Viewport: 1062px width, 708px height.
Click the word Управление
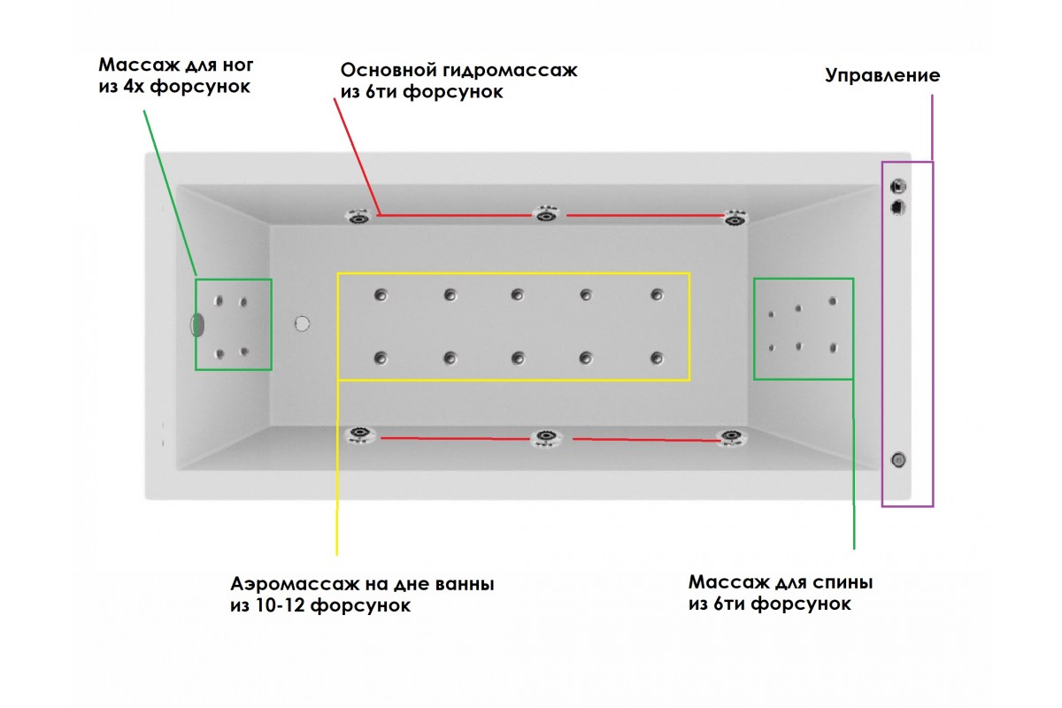[882, 75]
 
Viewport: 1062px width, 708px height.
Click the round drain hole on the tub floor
[303, 324]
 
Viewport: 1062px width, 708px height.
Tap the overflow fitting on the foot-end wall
[197, 325]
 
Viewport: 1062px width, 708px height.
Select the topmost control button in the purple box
[898, 187]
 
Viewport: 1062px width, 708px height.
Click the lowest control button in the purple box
[898, 458]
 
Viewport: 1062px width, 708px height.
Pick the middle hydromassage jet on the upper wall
[544, 214]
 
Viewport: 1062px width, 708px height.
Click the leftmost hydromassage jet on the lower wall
[358, 434]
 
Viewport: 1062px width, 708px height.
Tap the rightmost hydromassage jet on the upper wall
[735, 217]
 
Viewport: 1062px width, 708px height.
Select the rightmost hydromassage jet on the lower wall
[729, 436]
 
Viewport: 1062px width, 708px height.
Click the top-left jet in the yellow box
[381, 295]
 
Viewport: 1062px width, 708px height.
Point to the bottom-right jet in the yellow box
[656, 358]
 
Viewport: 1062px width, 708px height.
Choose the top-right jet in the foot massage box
[243, 302]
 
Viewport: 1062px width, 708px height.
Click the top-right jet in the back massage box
[833, 302]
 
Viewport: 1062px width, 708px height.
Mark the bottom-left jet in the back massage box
[772, 348]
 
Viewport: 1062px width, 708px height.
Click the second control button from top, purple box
[898, 207]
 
